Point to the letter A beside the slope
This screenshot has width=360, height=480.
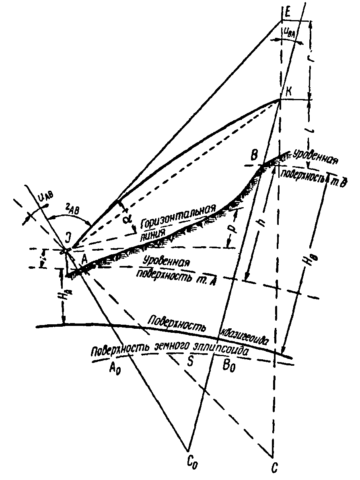[x=84, y=260]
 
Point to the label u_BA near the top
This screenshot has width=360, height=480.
[x=290, y=34]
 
